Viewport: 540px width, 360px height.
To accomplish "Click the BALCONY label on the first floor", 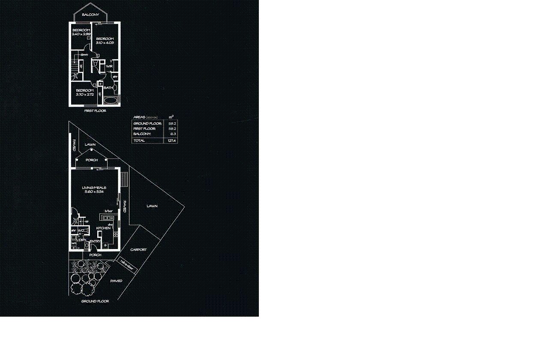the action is point(90,15).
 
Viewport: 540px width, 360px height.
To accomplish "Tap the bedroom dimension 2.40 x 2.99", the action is point(81,34).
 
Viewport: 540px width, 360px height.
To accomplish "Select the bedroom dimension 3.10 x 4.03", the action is point(105,43).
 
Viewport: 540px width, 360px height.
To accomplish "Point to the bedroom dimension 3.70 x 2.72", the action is point(85,94).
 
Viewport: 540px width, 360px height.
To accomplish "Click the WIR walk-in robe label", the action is point(109,67).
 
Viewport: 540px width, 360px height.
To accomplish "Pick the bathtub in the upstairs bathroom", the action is point(111,101).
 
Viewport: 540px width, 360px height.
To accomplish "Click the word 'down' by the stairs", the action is point(84,55).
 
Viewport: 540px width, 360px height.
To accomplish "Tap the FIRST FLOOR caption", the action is point(95,111).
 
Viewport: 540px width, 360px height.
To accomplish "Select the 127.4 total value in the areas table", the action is point(172,141).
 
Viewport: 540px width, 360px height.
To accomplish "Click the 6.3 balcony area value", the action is point(173,134).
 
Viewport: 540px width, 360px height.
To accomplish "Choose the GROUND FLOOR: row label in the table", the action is point(147,123).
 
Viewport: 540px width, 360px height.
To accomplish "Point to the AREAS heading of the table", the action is point(140,117).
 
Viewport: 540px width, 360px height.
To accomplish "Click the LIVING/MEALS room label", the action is point(94,188).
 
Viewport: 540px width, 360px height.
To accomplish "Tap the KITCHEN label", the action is point(103,228).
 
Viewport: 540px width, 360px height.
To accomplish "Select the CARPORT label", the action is point(138,250).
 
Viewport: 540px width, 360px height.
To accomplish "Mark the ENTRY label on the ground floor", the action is point(95,242).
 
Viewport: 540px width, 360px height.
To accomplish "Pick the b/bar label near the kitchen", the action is point(108,211).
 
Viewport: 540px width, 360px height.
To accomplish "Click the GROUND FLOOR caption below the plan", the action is point(95,301).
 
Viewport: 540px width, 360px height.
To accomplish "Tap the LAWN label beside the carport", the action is point(152,206).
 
